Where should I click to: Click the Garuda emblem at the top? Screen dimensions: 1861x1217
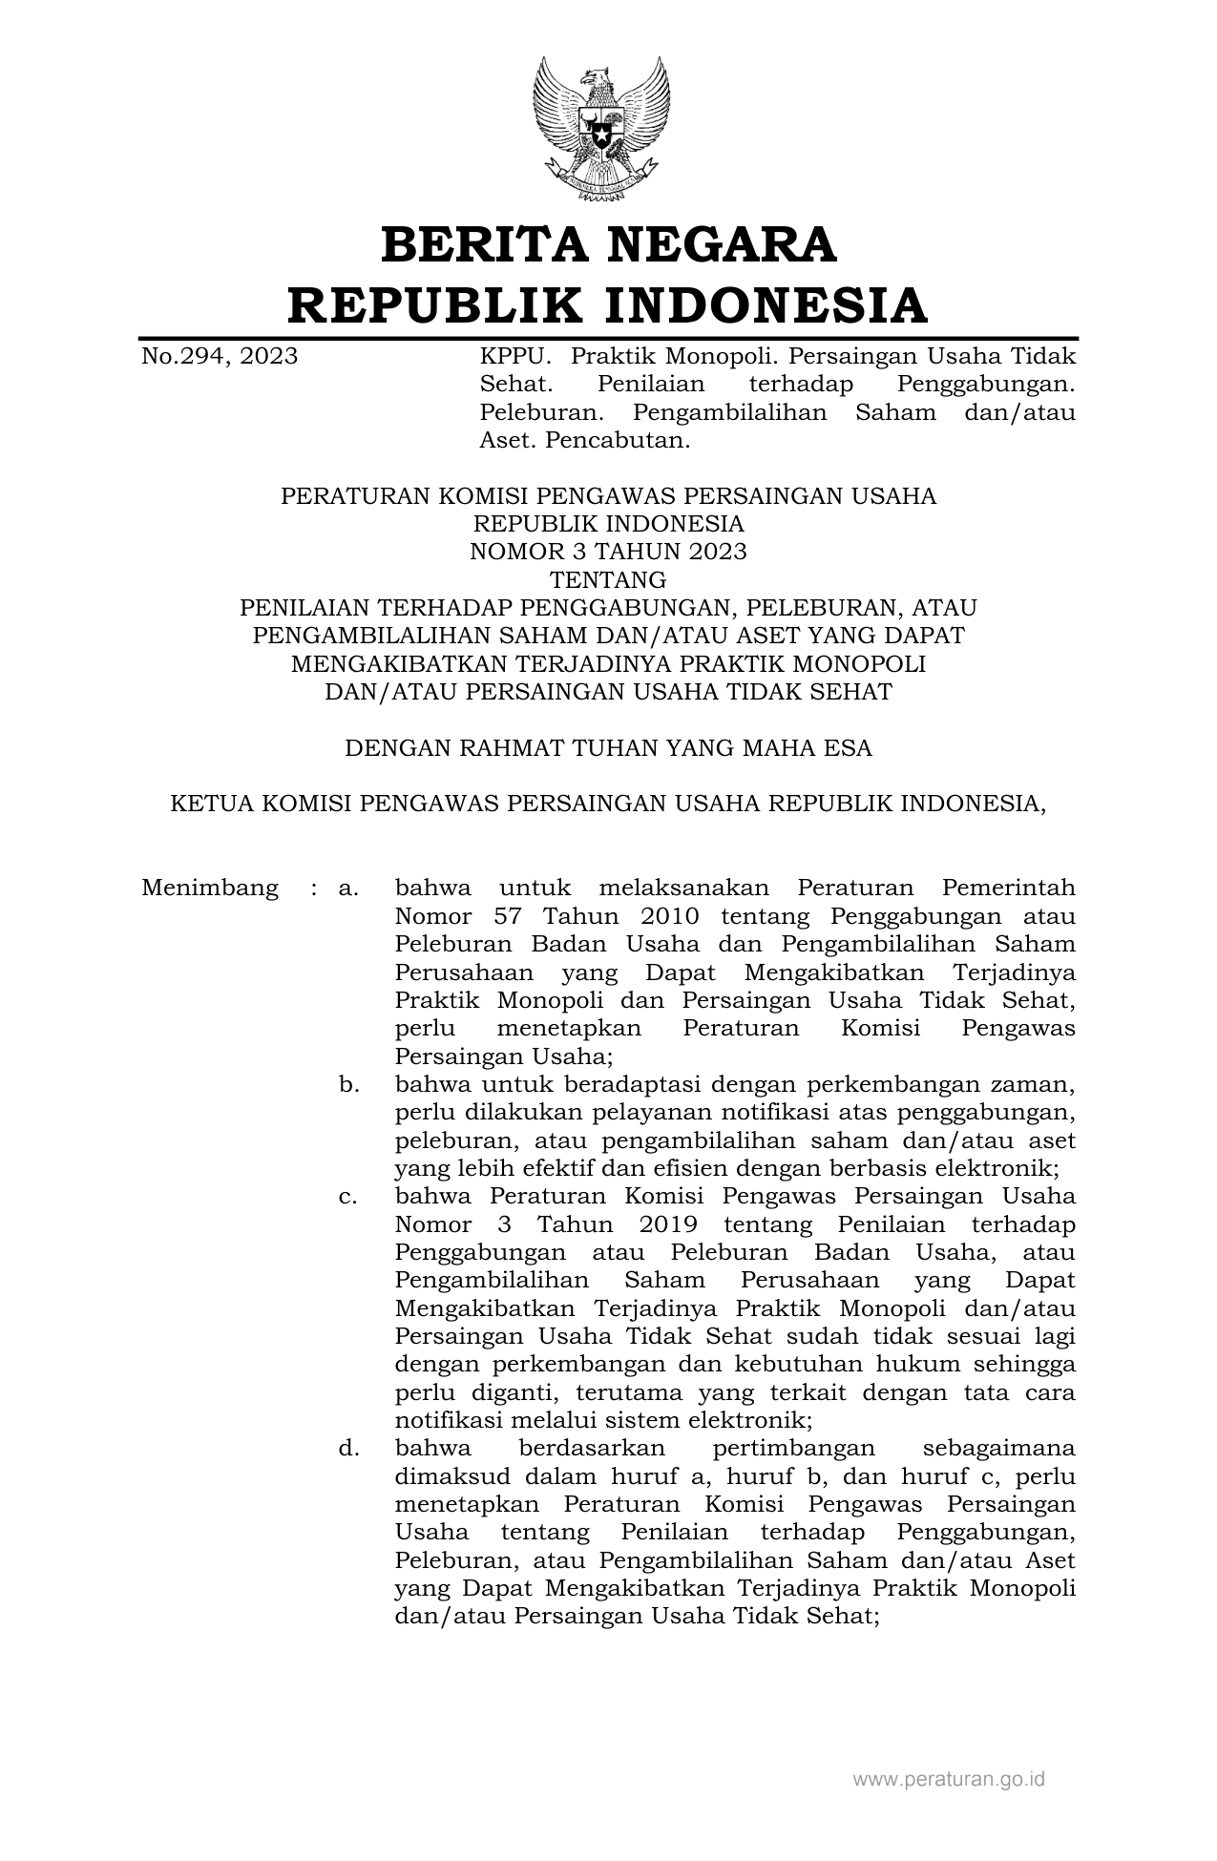pyautogui.click(x=601, y=129)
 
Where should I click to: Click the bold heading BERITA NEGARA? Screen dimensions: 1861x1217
pyautogui.click(x=608, y=245)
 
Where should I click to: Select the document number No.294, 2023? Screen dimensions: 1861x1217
pyautogui.click(x=220, y=357)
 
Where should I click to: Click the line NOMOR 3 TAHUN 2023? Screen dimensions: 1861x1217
pyautogui.click(x=608, y=552)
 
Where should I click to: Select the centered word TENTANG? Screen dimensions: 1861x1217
pyautogui.click(x=608, y=579)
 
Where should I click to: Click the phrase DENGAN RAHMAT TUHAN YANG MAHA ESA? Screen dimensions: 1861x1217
pyautogui.click(x=608, y=747)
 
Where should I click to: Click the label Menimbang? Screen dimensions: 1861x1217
pyautogui.click(x=210, y=889)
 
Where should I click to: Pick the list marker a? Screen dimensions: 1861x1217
pyautogui.click(x=348, y=889)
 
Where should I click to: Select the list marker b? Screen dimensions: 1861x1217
pyautogui.click(x=348, y=1085)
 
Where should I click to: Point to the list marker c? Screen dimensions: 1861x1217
pyautogui.click(x=348, y=1197)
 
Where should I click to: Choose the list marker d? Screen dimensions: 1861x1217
pyautogui.click(x=348, y=1449)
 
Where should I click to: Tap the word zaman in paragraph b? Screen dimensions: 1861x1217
pyautogui.click(x=1036, y=1085)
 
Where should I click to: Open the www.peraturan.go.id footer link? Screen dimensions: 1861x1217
pyautogui.click(x=949, y=1779)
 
